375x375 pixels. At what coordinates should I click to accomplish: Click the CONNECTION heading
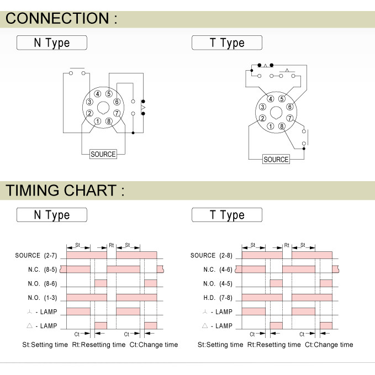coord(61,18)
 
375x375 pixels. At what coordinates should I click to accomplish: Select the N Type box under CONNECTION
coord(52,43)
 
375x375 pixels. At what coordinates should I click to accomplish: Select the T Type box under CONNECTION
coord(227,43)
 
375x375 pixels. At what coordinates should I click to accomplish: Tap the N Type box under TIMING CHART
coord(52,215)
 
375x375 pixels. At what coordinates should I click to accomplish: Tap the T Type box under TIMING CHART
coord(227,215)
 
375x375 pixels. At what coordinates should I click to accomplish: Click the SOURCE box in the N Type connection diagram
coord(103,154)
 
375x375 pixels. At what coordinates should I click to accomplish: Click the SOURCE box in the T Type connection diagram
coord(276,159)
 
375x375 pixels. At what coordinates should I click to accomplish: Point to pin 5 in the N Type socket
coord(109,93)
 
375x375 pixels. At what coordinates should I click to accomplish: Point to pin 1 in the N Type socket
coord(98,122)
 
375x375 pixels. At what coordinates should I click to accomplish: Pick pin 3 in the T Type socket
coord(263,107)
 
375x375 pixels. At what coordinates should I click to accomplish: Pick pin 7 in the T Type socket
coord(289,118)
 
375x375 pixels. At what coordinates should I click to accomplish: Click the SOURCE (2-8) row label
coord(211,255)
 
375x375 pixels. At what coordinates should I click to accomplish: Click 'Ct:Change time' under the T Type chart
coord(328,345)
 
